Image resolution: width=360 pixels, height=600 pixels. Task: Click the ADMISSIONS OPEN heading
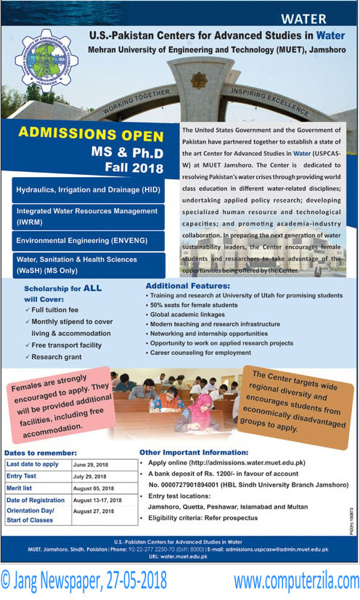click(x=91, y=133)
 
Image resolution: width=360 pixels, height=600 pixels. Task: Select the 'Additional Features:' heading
click(x=187, y=286)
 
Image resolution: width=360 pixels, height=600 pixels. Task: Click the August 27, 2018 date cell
click(x=94, y=511)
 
